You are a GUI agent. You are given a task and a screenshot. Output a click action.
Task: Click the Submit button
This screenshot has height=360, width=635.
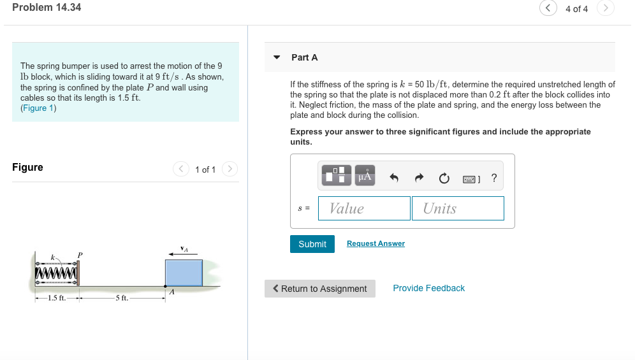click(312, 244)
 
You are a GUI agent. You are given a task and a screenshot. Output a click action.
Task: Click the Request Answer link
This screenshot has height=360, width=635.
click(376, 243)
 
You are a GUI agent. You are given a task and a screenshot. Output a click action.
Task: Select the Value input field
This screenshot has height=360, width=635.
click(365, 208)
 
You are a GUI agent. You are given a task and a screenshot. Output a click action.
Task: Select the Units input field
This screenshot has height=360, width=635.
click(458, 208)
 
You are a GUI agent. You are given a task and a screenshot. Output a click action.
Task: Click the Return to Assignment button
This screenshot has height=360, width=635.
click(319, 289)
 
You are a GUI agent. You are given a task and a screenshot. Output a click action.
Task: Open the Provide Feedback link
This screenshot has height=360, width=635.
click(428, 288)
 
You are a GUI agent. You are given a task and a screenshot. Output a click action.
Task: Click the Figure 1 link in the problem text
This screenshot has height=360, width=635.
click(38, 108)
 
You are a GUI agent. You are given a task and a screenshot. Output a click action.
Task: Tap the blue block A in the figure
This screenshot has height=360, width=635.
click(184, 272)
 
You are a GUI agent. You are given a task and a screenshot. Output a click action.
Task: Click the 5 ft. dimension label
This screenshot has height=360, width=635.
click(120, 298)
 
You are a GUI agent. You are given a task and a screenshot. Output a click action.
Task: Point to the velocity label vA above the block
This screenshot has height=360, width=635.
click(184, 248)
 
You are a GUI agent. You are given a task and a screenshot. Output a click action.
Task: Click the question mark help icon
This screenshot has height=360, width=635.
click(494, 178)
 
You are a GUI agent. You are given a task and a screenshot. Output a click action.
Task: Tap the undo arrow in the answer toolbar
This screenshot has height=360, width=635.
click(394, 178)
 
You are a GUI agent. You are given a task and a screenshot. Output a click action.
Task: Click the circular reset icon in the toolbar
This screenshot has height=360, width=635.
click(444, 178)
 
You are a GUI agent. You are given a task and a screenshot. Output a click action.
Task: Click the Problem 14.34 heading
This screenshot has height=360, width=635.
click(47, 8)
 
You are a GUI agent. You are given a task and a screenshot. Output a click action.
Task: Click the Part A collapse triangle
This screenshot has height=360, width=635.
click(277, 57)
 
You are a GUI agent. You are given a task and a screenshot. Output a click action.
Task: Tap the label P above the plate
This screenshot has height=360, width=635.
click(80, 255)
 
